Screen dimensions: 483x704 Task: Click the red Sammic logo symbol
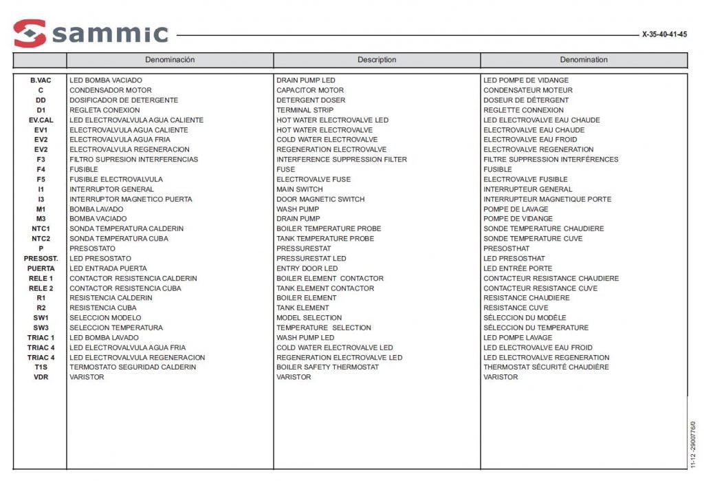pyautogui.click(x=30, y=33)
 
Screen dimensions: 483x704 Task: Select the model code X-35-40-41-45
pyautogui.click(x=664, y=34)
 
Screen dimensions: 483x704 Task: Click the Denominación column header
pyautogui.click(x=170, y=60)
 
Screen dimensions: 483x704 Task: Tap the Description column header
pyautogui.click(x=377, y=60)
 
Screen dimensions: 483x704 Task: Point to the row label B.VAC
pyautogui.click(x=41, y=80)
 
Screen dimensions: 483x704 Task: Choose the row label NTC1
pyautogui.click(x=41, y=228)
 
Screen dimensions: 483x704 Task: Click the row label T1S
pyautogui.click(x=41, y=367)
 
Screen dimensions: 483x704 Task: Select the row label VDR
pyautogui.click(x=41, y=377)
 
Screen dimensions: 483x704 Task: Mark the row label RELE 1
pyautogui.click(x=41, y=279)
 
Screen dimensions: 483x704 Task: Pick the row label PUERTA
pyautogui.click(x=41, y=268)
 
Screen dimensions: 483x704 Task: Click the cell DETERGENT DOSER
pyautogui.click(x=311, y=100)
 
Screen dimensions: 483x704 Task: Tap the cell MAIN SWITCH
pyautogui.click(x=299, y=189)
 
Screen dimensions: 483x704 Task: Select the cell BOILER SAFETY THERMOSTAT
pyautogui.click(x=327, y=367)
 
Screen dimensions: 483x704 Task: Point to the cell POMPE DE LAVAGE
pyautogui.click(x=516, y=209)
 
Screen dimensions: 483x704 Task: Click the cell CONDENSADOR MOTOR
pyautogui.click(x=111, y=90)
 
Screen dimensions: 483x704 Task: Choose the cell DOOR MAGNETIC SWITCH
pyautogui.click(x=320, y=200)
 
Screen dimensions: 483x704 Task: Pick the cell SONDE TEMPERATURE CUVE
pyautogui.click(x=533, y=239)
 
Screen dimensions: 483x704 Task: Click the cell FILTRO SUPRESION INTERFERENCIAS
pyautogui.click(x=133, y=160)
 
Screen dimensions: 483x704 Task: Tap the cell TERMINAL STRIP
pyautogui.click(x=305, y=110)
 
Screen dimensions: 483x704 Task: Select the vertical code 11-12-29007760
pyautogui.click(x=692, y=445)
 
